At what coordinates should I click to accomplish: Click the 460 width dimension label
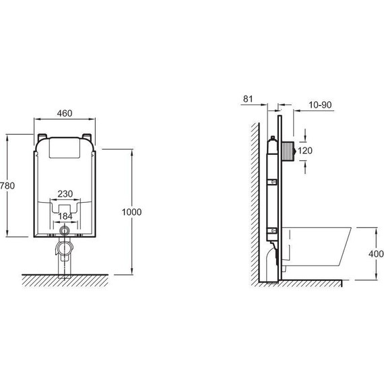click(65, 113)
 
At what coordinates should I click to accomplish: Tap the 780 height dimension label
click(7, 186)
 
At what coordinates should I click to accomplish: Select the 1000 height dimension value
click(132, 212)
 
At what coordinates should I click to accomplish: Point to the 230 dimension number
click(65, 194)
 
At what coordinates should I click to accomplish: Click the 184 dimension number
click(65, 216)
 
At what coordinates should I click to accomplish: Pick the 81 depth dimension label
click(248, 99)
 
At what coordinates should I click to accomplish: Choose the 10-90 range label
click(320, 105)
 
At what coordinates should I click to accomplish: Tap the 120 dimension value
click(305, 151)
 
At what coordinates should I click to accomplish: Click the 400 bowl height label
click(376, 254)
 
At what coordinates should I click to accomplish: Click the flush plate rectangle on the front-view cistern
click(65, 148)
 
